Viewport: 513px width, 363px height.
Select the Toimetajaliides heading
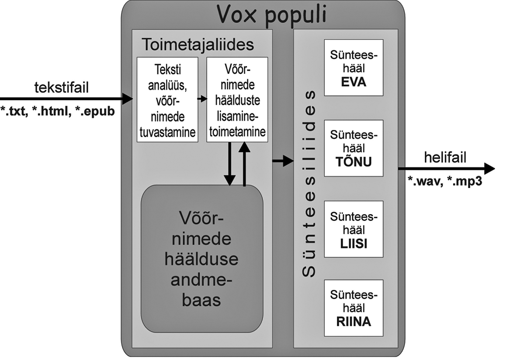tap(198, 45)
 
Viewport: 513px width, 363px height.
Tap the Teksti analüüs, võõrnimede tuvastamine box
tap(166, 100)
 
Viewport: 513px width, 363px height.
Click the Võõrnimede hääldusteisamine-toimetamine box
tap(237, 100)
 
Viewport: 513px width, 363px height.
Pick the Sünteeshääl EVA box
tap(354, 68)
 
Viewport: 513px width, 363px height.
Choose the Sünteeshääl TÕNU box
tap(354, 148)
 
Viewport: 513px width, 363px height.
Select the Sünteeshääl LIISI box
tap(354, 229)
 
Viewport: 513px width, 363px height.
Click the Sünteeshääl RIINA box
tap(354, 308)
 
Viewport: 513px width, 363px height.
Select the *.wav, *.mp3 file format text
tap(445, 182)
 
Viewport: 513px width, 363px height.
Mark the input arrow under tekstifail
tap(66, 99)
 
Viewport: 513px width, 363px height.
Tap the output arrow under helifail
tap(446, 169)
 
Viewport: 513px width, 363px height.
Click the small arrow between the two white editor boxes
tap(201, 99)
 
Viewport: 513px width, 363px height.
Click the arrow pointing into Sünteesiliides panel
tap(282, 161)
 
